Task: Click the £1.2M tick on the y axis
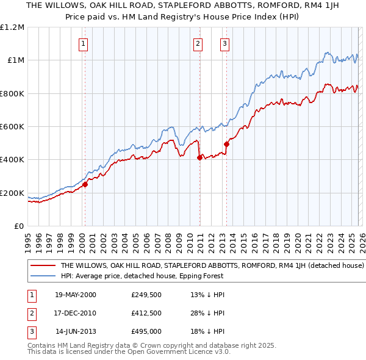click(12, 27)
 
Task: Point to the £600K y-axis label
click(12, 126)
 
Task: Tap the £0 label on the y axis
click(20, 226)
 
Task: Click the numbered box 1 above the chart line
click(83, 43)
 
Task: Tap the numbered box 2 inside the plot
click(198, 43)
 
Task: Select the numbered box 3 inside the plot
click(225, 43)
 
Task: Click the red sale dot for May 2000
click(85, 184)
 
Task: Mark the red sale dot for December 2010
click(199, 157)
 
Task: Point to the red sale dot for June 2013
click(226, 144)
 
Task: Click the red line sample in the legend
click(43, 266)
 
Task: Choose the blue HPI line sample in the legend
click(43, 276)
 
